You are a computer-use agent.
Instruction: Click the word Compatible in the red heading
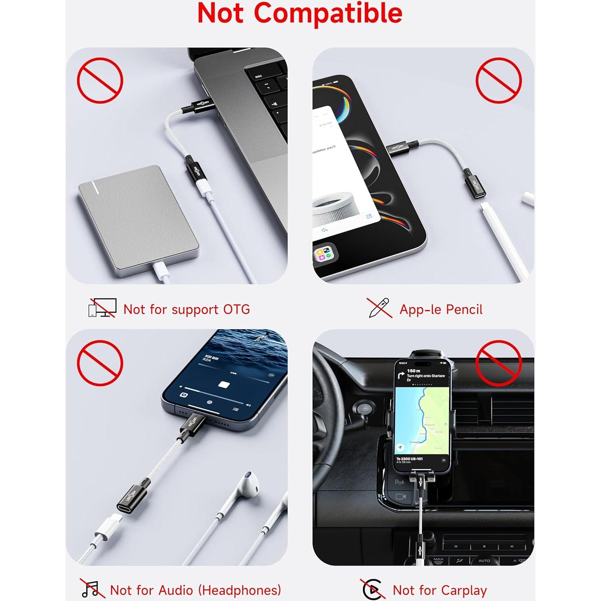(328, 13)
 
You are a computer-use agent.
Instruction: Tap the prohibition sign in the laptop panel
(100, 81)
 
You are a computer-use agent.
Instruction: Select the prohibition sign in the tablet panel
(498, 81)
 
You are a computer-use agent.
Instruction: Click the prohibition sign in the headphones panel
(100, 363)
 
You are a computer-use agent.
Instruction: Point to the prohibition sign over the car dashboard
(498, 363)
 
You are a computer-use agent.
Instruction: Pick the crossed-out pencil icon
(379, 308)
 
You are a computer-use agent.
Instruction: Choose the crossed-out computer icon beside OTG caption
(102, 308)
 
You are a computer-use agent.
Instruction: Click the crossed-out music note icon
(91, 588)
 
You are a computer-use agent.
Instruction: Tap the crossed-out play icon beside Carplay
(372, 589)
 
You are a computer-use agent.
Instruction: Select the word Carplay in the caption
(461, 591)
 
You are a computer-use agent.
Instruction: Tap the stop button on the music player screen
(224, 384)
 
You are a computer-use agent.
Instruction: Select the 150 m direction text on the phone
(414, 371)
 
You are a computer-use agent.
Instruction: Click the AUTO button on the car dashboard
(484, 560)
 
